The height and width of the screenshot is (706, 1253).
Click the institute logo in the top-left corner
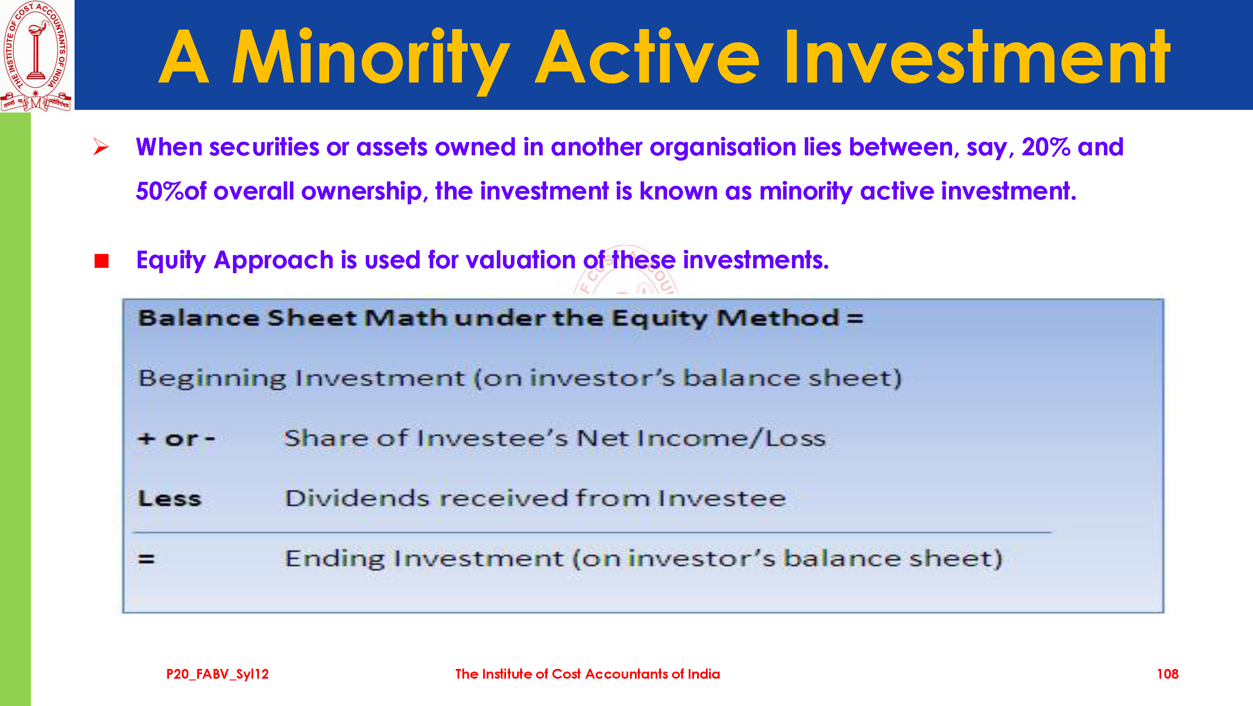37,56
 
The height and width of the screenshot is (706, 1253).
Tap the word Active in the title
647,57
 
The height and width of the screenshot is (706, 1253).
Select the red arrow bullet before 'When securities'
101,147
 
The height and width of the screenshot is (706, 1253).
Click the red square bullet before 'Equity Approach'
101,261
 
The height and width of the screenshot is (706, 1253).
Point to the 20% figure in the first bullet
1046,147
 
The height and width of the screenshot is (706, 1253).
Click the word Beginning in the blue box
212,379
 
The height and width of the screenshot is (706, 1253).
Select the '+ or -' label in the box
176,439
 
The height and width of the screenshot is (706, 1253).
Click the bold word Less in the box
169,499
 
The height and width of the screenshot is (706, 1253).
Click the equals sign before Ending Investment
146,559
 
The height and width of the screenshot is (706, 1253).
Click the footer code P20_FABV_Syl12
218,674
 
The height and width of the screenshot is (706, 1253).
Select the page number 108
1167,674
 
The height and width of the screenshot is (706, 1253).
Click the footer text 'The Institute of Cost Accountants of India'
588,674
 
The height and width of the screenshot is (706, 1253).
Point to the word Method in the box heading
777,318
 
